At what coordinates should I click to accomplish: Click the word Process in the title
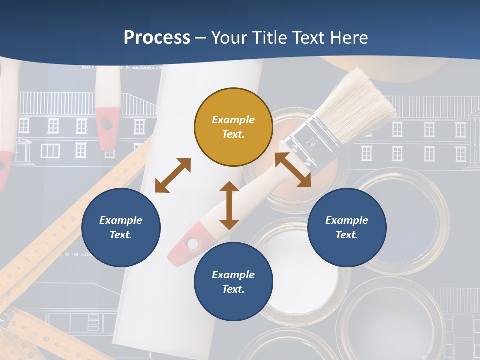click(x=157, y=38)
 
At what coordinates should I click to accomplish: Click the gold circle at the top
click(x=233, y=127)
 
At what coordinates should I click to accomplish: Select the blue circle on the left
click(x=121, y=227)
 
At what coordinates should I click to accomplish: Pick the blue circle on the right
click(x=347, y=227)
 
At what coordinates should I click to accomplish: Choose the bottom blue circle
click(x=233, y=282)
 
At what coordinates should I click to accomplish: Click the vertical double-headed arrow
click(x=229, y=205)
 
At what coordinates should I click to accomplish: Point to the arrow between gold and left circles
click(x=173, y=175)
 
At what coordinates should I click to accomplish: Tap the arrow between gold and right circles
click(x=293, y=170)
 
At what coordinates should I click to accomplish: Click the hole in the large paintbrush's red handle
click(x=191, y=243)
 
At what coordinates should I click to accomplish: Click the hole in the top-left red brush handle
click(x=107, y=123)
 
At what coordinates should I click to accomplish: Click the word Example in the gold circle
click(x=233, y=120)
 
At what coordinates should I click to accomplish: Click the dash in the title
click(x=201, y=38)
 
